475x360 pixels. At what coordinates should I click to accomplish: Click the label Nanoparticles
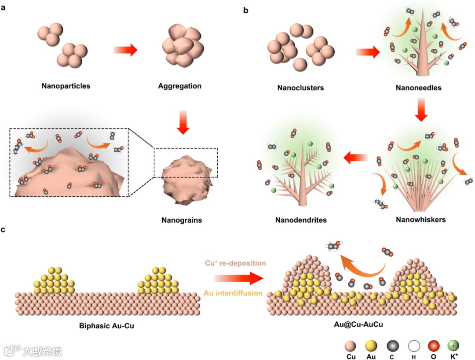66,86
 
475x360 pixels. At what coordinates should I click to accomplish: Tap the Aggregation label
179,86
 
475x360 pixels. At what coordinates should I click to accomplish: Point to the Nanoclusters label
300,88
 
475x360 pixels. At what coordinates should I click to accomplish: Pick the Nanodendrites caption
301,220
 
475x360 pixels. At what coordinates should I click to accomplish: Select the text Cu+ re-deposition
235,263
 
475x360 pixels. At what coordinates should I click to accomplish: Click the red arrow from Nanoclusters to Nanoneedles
367,53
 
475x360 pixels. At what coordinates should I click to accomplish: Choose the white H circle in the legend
413,345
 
